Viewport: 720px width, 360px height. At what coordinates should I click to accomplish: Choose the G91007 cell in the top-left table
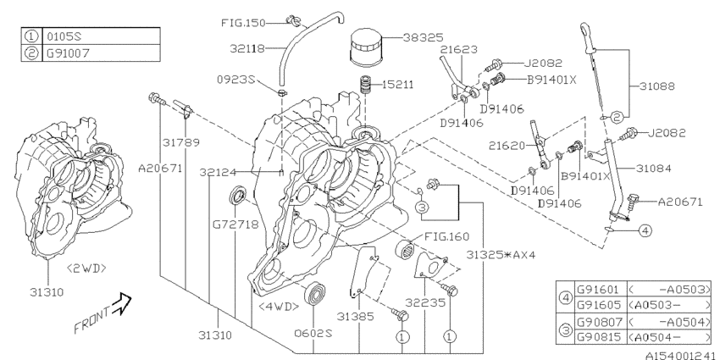[x=61, y=52]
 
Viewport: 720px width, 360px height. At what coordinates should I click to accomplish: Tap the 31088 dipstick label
[x=651, y=86]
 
